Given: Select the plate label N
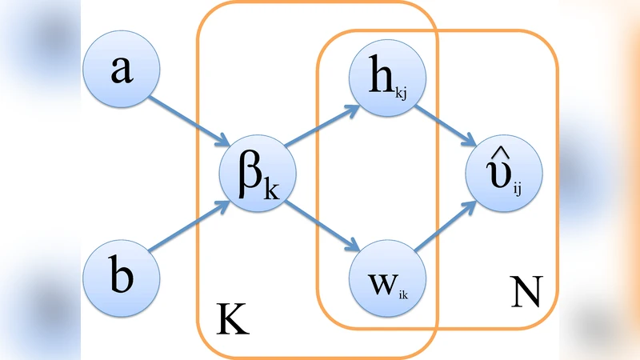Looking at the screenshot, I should (x=525, y=294).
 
